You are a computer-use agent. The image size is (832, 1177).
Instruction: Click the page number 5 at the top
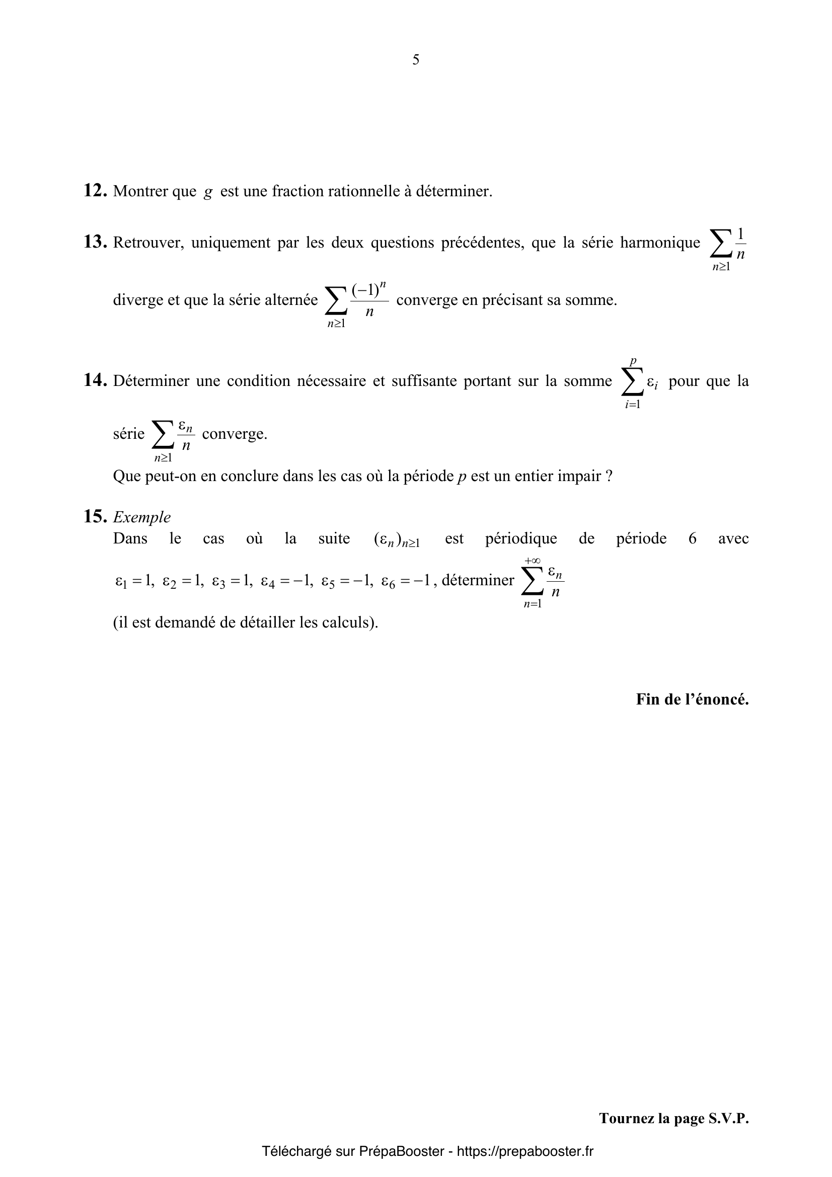click(x=416, y=60)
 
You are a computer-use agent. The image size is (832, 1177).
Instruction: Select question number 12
click(x=95, y=191)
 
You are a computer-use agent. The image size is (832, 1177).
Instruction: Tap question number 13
click(x=95, y=242)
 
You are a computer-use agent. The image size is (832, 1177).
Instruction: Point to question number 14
click(x=95, y=380)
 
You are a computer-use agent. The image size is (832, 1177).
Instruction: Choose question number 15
click(x=95, y=516)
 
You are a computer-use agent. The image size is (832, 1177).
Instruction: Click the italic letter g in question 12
click(x=207, y=192)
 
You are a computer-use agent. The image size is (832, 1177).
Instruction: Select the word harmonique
click(x=660, y=242)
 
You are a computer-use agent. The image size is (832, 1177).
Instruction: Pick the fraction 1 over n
click(x=740, y=244)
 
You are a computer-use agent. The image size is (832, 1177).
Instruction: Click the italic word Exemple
click(x=142, y=517)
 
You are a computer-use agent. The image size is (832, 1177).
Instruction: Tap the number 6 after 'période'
click(x=692, y=538)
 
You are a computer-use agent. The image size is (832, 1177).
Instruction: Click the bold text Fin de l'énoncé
click(x=692, y=699)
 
